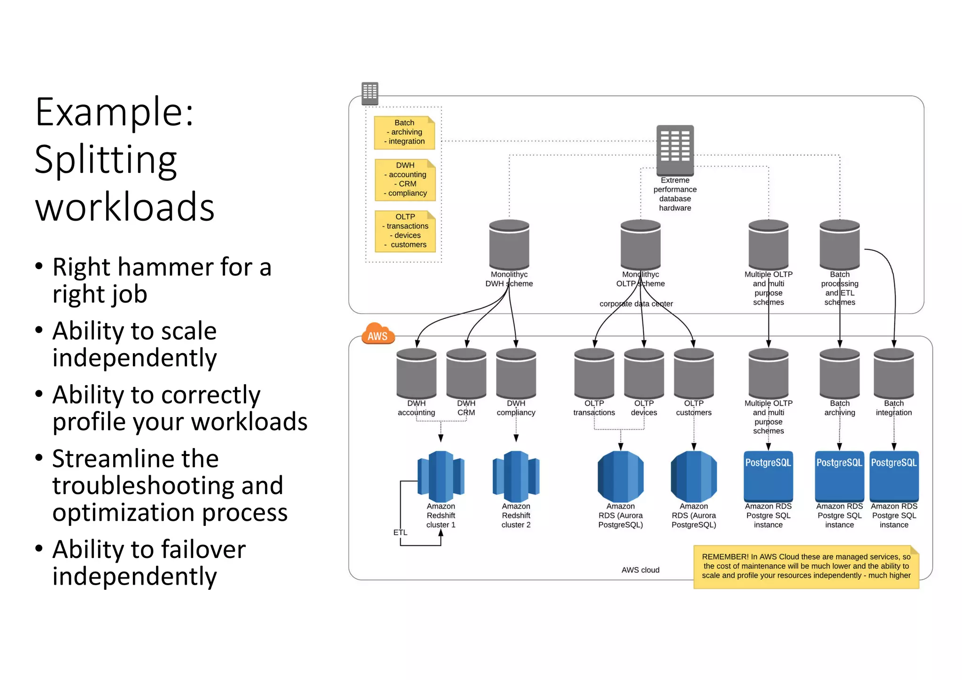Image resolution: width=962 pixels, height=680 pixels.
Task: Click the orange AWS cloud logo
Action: coord(378,334)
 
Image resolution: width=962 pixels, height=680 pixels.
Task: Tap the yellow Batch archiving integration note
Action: coord(404,132)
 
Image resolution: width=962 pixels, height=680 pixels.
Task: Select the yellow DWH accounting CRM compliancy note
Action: coord(405,179)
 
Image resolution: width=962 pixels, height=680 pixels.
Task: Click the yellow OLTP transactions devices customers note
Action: coord(405,231)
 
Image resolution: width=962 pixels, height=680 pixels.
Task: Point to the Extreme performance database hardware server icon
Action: coord(675,149)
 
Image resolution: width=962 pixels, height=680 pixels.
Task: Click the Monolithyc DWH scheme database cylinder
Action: coord(509,244)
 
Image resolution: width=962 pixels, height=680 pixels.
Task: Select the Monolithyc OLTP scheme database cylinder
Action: coord(640,244)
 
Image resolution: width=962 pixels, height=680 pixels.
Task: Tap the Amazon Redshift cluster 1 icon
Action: coord(441,476)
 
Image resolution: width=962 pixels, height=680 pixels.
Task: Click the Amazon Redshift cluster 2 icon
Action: coord(516,476)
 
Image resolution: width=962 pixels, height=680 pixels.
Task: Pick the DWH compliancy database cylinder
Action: coord(516,373)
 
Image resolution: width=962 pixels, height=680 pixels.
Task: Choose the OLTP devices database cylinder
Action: coord(644,373)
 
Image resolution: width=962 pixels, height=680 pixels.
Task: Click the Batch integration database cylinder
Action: coord(893,373)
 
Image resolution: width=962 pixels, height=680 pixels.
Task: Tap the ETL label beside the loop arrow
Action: coord(400,533)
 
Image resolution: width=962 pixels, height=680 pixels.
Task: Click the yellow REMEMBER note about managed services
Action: coord(806,566)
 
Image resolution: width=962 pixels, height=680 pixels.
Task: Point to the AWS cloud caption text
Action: coord(640,570)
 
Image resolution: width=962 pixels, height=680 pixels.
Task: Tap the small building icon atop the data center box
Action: coord(370,93)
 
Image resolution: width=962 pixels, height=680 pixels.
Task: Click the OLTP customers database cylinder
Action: coord(693,373)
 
